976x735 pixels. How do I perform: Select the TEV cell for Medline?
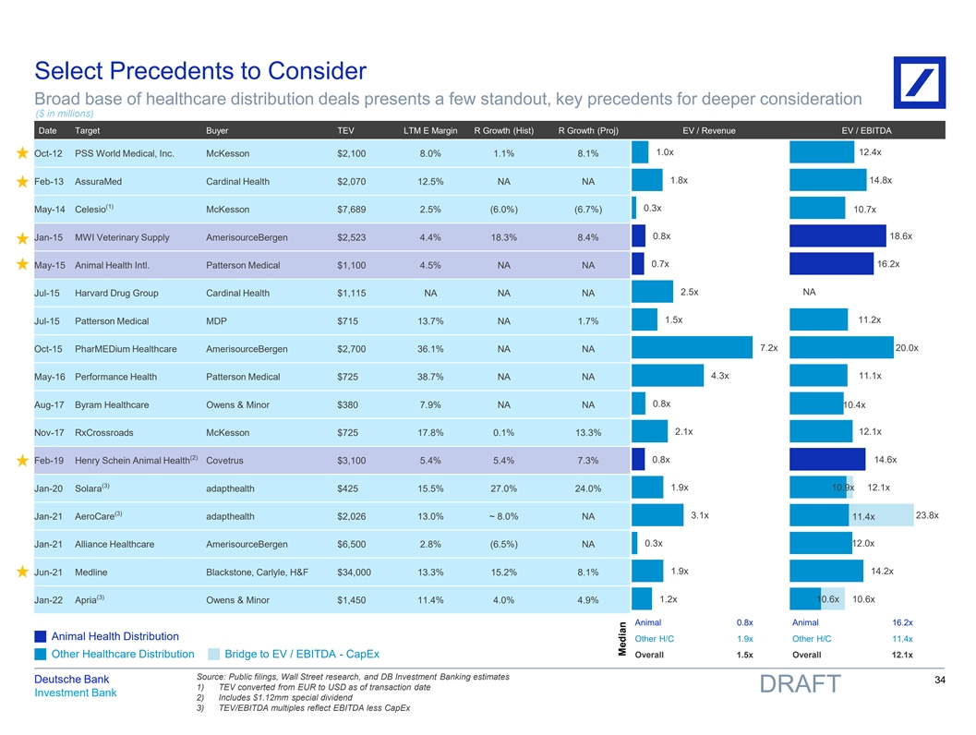pyautogui.click(x=355, y=572)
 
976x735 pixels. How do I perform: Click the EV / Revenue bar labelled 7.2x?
pyautogui.click(x=692, y=348)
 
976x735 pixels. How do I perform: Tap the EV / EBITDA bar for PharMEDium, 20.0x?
pyautogui.click(x=842, y=348)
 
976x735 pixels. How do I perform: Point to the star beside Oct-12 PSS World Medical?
pyautogui.click(x=20, y=153)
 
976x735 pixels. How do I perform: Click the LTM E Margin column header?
pyautogui.click(x=430, y=130)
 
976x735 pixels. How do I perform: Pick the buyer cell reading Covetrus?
pyautogui.click(x=225, y=461)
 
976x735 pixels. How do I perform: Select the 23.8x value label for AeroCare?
pyautogui.click(x=926, y=515)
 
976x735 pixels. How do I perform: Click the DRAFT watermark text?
pyautogui.click(x=800, y=684)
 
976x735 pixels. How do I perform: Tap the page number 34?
pyautogui.click(x=941, y=681)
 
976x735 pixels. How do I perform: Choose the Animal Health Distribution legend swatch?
pyautogui.click(x=40, y=636)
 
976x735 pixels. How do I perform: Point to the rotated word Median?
pyautogui.click(x=622, y=638)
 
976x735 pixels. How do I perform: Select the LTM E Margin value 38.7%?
pyautogui.click(x=430, y=377)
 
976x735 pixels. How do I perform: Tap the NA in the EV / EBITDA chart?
pyautogui.click(x=810, y=293)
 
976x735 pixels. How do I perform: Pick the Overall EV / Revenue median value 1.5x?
pyautogui.click(x=744, y=655)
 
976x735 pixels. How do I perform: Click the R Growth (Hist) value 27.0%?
pyautogui.click(x=503, y=488)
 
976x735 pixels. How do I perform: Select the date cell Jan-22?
pyautogui.click(x=48, y=600)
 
